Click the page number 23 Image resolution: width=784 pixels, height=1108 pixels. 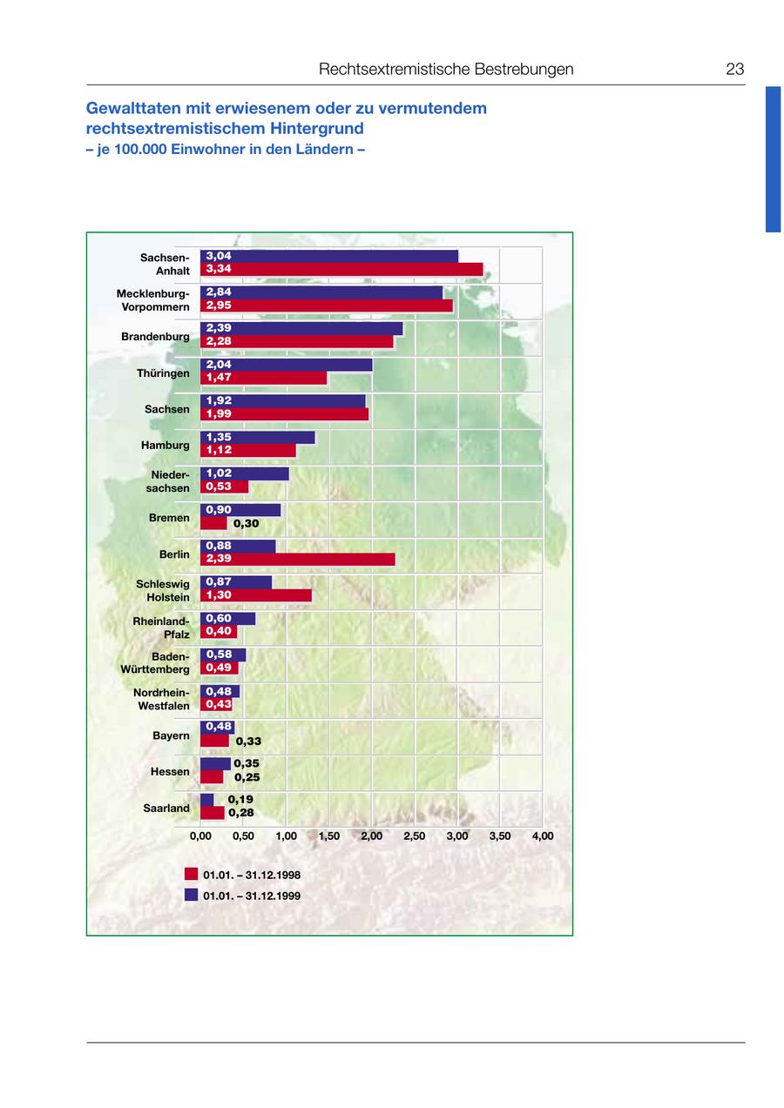[x=734, y=70]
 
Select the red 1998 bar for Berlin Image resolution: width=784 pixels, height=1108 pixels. [x=297, y=559]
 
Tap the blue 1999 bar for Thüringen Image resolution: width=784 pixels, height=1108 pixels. [x=286, y=365]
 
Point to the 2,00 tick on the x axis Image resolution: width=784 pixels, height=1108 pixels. [x=372, y=836]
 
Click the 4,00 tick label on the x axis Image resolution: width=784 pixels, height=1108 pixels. [x=542, y=836]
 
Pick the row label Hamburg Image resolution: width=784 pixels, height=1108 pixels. [x=165, y=446]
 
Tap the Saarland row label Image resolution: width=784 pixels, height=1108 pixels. [x=166, y=809]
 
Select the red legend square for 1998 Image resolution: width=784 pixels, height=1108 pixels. [x=191, y=874]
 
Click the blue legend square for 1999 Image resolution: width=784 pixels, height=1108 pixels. [x=191, y=895]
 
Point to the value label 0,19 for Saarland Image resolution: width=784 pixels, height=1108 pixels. [x=240, y=799]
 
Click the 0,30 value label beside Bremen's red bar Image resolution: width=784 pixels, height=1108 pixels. [x=247, y=524]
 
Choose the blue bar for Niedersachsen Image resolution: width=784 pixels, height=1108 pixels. [x=244, y=473]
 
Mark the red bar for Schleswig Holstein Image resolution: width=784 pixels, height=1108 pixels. [x=255, y=595]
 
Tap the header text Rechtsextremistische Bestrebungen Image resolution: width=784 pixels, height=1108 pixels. [x=446, y=70]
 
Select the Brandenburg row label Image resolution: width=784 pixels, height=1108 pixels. [x=155, y=337]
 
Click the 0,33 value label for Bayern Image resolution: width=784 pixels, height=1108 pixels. [x=248, y=742]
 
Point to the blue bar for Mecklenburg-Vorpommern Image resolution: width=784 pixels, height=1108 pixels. [x=321, y=292]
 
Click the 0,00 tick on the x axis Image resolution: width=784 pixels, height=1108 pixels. [x=200, y=836]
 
